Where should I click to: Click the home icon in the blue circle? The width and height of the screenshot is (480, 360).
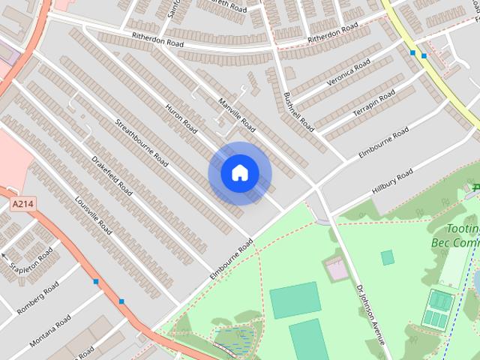coord(239,173)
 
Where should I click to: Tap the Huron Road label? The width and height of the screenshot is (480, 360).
coord(181,118)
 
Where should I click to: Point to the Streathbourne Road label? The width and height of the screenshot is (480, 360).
coord(141,140)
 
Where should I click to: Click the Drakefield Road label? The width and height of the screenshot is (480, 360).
coord(112,175)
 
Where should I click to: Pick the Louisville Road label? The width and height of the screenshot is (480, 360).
coord(93,215)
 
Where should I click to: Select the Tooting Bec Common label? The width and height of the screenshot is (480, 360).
coord(454,235)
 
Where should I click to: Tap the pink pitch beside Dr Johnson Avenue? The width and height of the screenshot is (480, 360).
coord(335,266)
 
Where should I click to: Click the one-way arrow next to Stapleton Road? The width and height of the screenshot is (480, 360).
coord(5,259)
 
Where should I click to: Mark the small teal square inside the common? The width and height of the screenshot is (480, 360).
coord(387,258)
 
